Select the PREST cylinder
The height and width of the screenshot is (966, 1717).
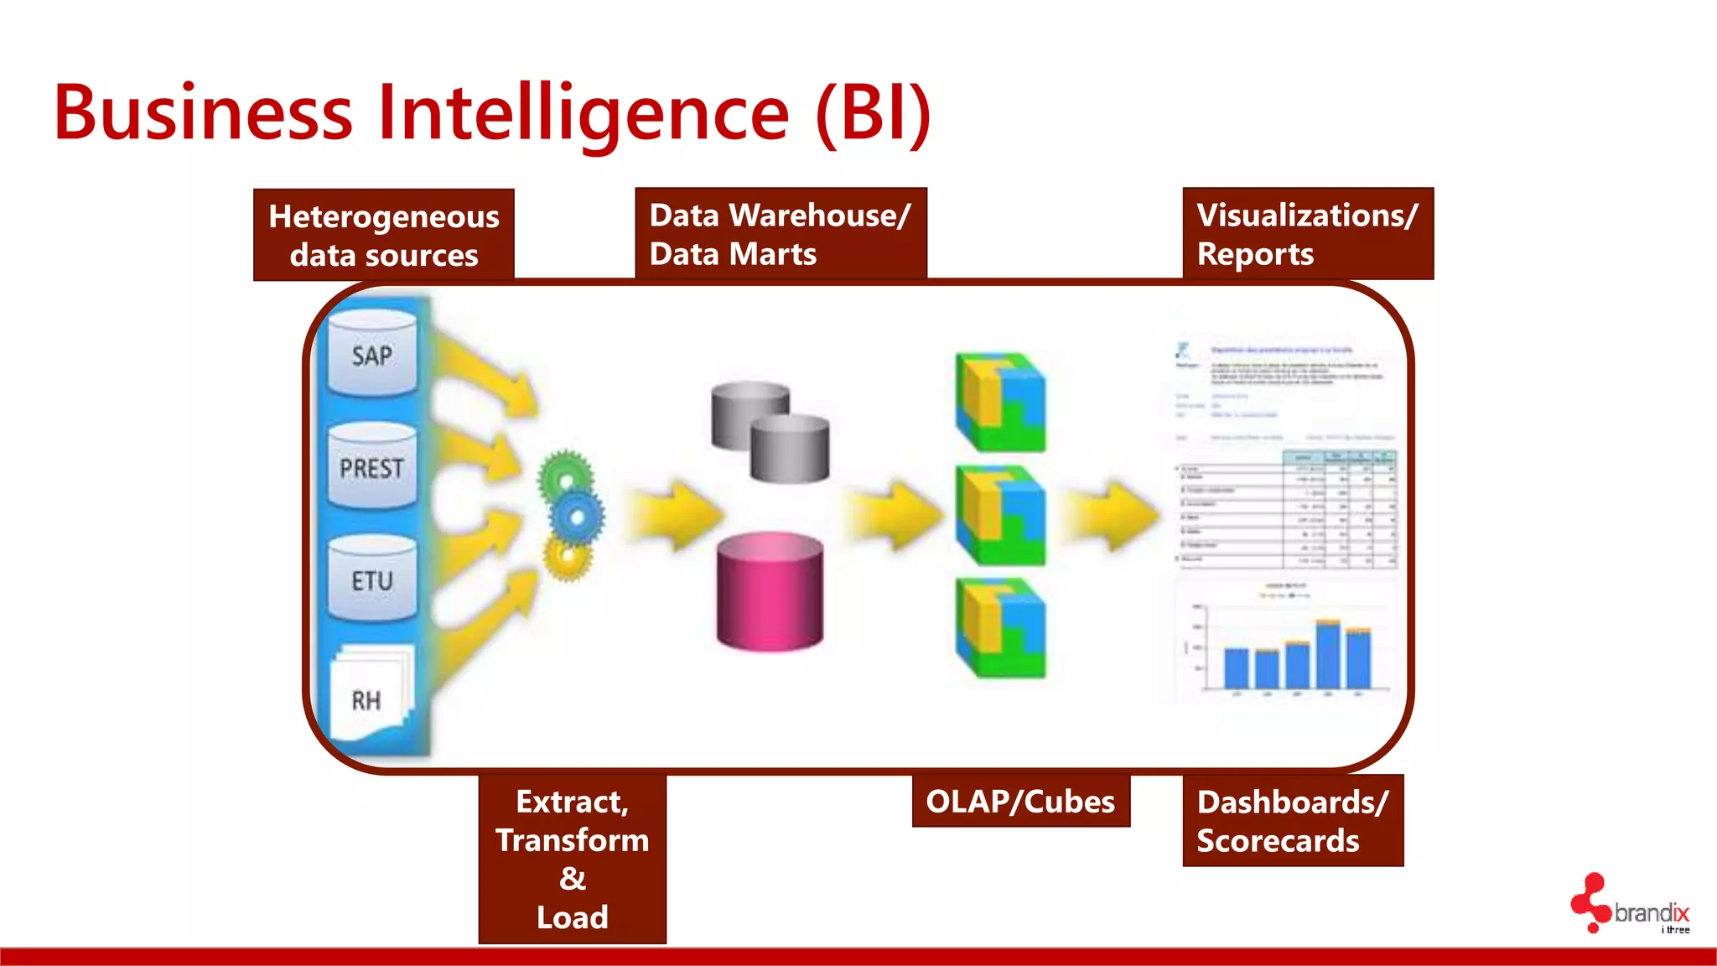371,465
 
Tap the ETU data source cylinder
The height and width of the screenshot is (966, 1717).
371,579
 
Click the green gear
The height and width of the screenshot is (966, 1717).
565,476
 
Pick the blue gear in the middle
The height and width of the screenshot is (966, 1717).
577,515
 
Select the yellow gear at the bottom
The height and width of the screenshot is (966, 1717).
568,556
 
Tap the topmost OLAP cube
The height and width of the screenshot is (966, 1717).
1001,402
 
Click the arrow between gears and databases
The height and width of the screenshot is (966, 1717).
675,514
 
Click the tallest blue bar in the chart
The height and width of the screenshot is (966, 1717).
1328,655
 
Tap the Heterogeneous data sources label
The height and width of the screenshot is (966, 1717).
384,235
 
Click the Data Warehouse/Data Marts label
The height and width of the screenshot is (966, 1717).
781,234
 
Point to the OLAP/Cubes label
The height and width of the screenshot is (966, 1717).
1020,802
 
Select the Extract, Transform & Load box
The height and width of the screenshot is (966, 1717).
573,859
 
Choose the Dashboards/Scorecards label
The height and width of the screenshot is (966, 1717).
1292,821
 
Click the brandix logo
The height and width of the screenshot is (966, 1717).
1631,906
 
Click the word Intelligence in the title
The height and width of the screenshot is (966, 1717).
584,113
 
